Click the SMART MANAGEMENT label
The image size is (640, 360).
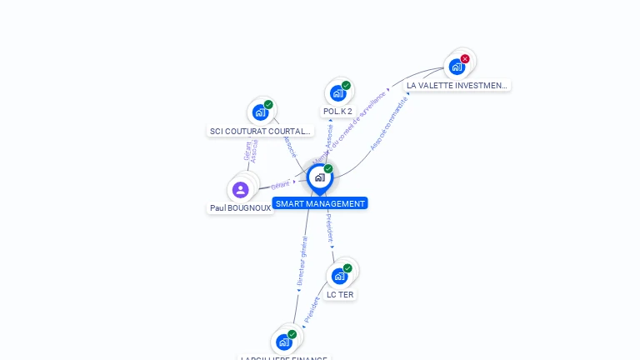tap(320, 203)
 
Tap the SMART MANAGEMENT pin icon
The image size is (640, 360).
tap(319, 177)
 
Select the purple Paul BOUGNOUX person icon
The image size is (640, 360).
tap(241, 189)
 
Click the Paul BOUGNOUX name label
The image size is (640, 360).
tap(240, 208)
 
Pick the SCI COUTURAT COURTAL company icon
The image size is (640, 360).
tap(260, 112)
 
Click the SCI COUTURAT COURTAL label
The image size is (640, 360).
tap(260, 131)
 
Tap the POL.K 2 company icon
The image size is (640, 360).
tap(337, 92)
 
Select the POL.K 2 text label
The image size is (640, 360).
tap(337, 111)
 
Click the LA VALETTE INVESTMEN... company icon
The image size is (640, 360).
tap(457, 67)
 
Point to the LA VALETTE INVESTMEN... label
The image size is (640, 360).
tap(457, 85)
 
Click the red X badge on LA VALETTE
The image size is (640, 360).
tap(465, 58)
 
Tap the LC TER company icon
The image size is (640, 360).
tap(339, 276)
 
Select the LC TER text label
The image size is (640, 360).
tap(340, 294)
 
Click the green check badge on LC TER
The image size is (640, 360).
tap(347, 268)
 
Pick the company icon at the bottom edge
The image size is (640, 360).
tap(284, 342)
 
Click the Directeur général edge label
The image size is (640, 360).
tap(302, 262)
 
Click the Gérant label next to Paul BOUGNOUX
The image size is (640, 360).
tap(281, 184)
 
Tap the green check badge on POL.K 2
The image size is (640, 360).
tap(346, 85)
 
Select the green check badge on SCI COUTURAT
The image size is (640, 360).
tap(268, 105)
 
